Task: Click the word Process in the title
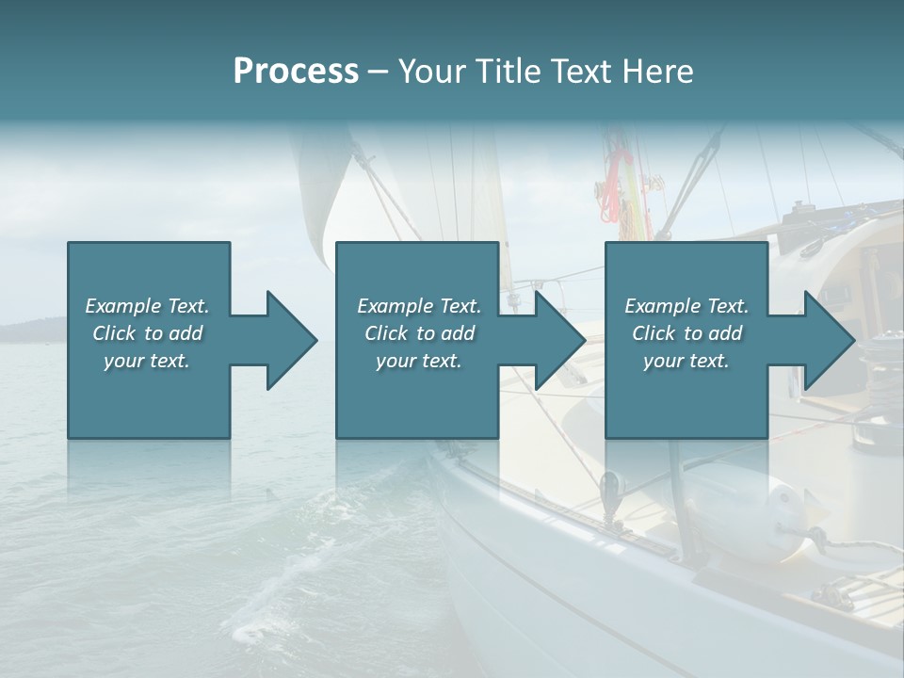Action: click(296, 72)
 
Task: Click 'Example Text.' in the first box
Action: click(147, 306)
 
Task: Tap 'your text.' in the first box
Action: click(147, 361)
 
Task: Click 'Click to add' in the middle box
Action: click(419, 333)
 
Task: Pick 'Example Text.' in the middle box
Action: click(419, 306)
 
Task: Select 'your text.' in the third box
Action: click(686, 361)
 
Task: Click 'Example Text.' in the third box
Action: click(686, 306)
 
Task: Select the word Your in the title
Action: click(429, 72)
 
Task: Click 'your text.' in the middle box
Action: click(419, 361)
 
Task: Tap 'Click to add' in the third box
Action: click(686, 333)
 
